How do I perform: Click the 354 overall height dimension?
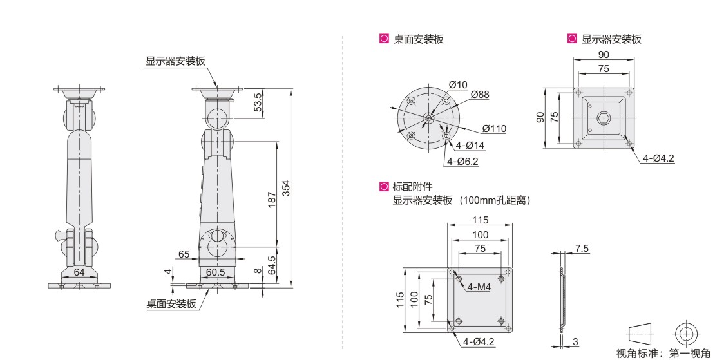click(285, 188)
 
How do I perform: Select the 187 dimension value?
click(272, 200)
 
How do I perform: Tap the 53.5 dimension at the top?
click(258, 102)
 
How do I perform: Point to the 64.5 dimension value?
click(272, 265)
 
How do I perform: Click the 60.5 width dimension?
click(216, 272)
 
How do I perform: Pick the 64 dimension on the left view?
click(79, 272)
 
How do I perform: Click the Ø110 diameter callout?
click(494, 129)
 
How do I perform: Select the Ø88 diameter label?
click(480, 94)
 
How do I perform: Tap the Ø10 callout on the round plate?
click(458, 85)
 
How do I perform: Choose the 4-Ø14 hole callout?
click(470, 146)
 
